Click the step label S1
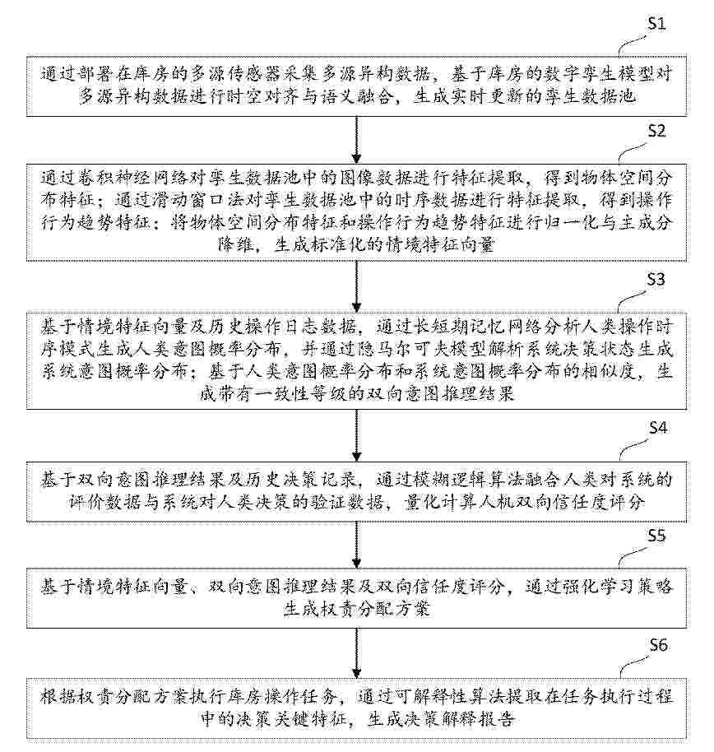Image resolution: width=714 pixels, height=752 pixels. coord(656,24)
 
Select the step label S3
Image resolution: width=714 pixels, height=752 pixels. coord(656,279)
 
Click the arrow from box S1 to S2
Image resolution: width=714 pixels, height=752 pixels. coord(356,138)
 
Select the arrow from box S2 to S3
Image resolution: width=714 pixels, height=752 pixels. coord(356,286)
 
